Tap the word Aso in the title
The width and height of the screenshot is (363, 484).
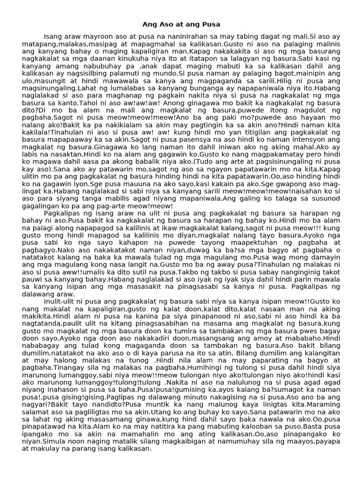pos(162,24)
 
